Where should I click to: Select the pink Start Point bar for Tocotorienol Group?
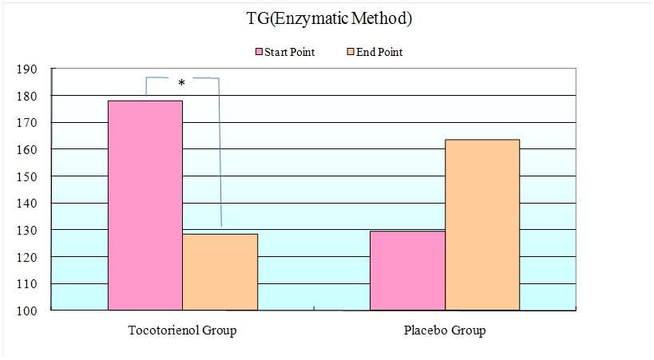coord(145,205)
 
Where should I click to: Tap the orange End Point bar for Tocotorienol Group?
coord(220,271)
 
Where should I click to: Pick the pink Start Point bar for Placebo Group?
coord(408,270)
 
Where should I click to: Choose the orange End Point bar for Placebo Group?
coord(482,224)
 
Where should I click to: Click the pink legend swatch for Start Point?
coord(260,53)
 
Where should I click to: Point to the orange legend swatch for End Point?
coord(351,53)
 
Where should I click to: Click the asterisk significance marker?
coord(182,83)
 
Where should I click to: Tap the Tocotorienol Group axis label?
coord(182,330)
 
